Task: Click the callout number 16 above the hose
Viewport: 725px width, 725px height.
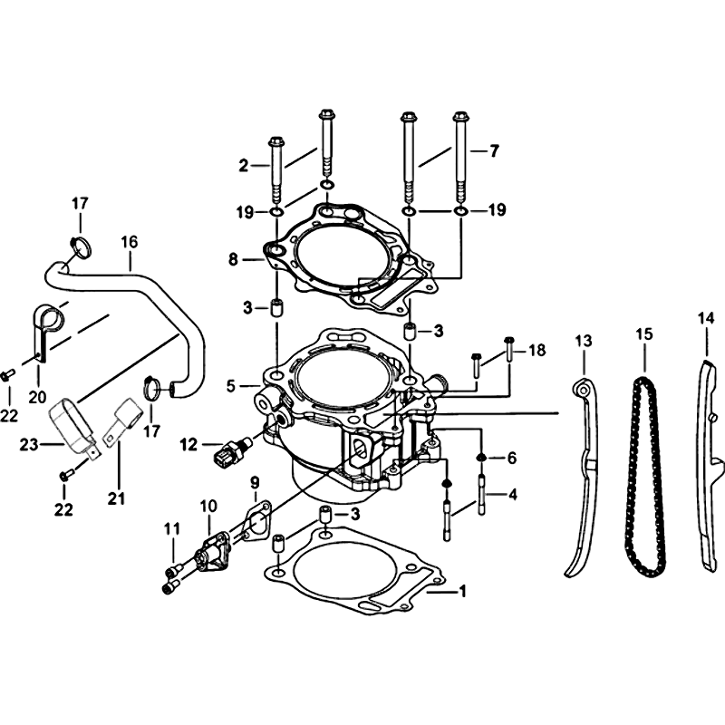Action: pyautogui.click(x=130, y=242)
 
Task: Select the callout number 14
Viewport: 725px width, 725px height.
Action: pyautogui.click(x=706, y=319)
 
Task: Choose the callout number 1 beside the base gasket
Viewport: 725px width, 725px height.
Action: pyautogui.click(x=461, y=591)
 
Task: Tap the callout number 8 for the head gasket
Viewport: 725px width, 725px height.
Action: pyautogui.click(x=233, y=260)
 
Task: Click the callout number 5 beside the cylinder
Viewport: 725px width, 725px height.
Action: pyautogui.click(x=231, y=386)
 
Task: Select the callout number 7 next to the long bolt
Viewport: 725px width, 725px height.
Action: pyautogui.click(x=494, y=150)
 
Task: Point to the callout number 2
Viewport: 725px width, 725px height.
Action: pyautogui.click(x=244, y=166)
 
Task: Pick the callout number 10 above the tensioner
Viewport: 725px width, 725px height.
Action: pyautogui.click(x=208, y=506)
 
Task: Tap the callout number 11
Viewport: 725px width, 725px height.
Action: pyautogui.click(x=172, y=529)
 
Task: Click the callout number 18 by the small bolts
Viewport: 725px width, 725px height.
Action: pyautogui.click(x=536, y=350)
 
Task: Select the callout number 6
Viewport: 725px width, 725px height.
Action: pyautogui.click(x=511, y=458)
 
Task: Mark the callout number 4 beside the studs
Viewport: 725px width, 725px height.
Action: pyautogui.click(x=512, y=494)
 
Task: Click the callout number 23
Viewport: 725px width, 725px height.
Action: pyautogui.click(x=28, y=445)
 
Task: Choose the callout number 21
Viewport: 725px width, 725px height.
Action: pyautogui.click(x=117, y=498)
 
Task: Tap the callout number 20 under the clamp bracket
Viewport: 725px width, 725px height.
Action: pyautogui.click(x=37, y=397)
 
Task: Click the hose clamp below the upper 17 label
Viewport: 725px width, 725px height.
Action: pyautogui.click(x=82, y=246)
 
